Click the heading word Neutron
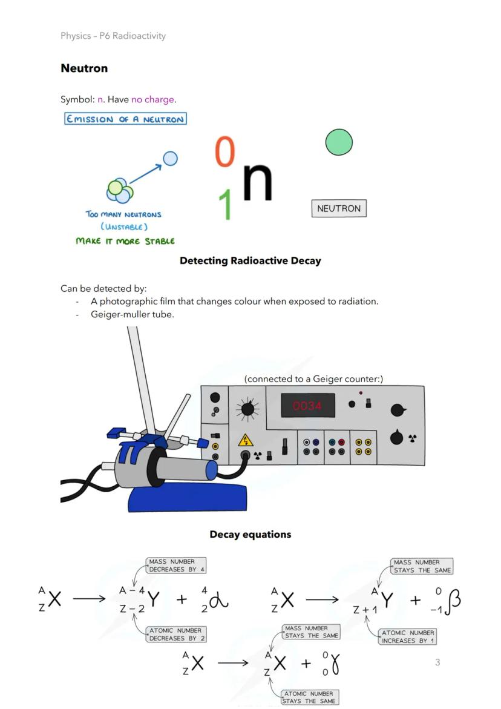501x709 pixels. coord(84,68)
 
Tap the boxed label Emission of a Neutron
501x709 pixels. coord(125,119)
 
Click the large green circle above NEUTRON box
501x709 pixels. coord(339,142)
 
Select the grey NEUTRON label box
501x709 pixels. coord(339,208)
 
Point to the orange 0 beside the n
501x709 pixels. coord(224,151)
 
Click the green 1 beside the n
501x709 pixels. coord(225,204)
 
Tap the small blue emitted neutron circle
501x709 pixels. coord(171,159)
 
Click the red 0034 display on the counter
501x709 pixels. coord(307,406)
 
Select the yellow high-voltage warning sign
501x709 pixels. coord(246,440)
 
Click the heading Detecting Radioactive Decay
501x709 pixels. coord(250,261)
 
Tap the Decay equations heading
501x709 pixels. coord(250,535)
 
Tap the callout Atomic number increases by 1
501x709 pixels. coord(408,636)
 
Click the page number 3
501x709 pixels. coord(437,662)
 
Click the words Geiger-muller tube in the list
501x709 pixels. coord(132,314)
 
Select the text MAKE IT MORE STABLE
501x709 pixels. coord(125,241)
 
